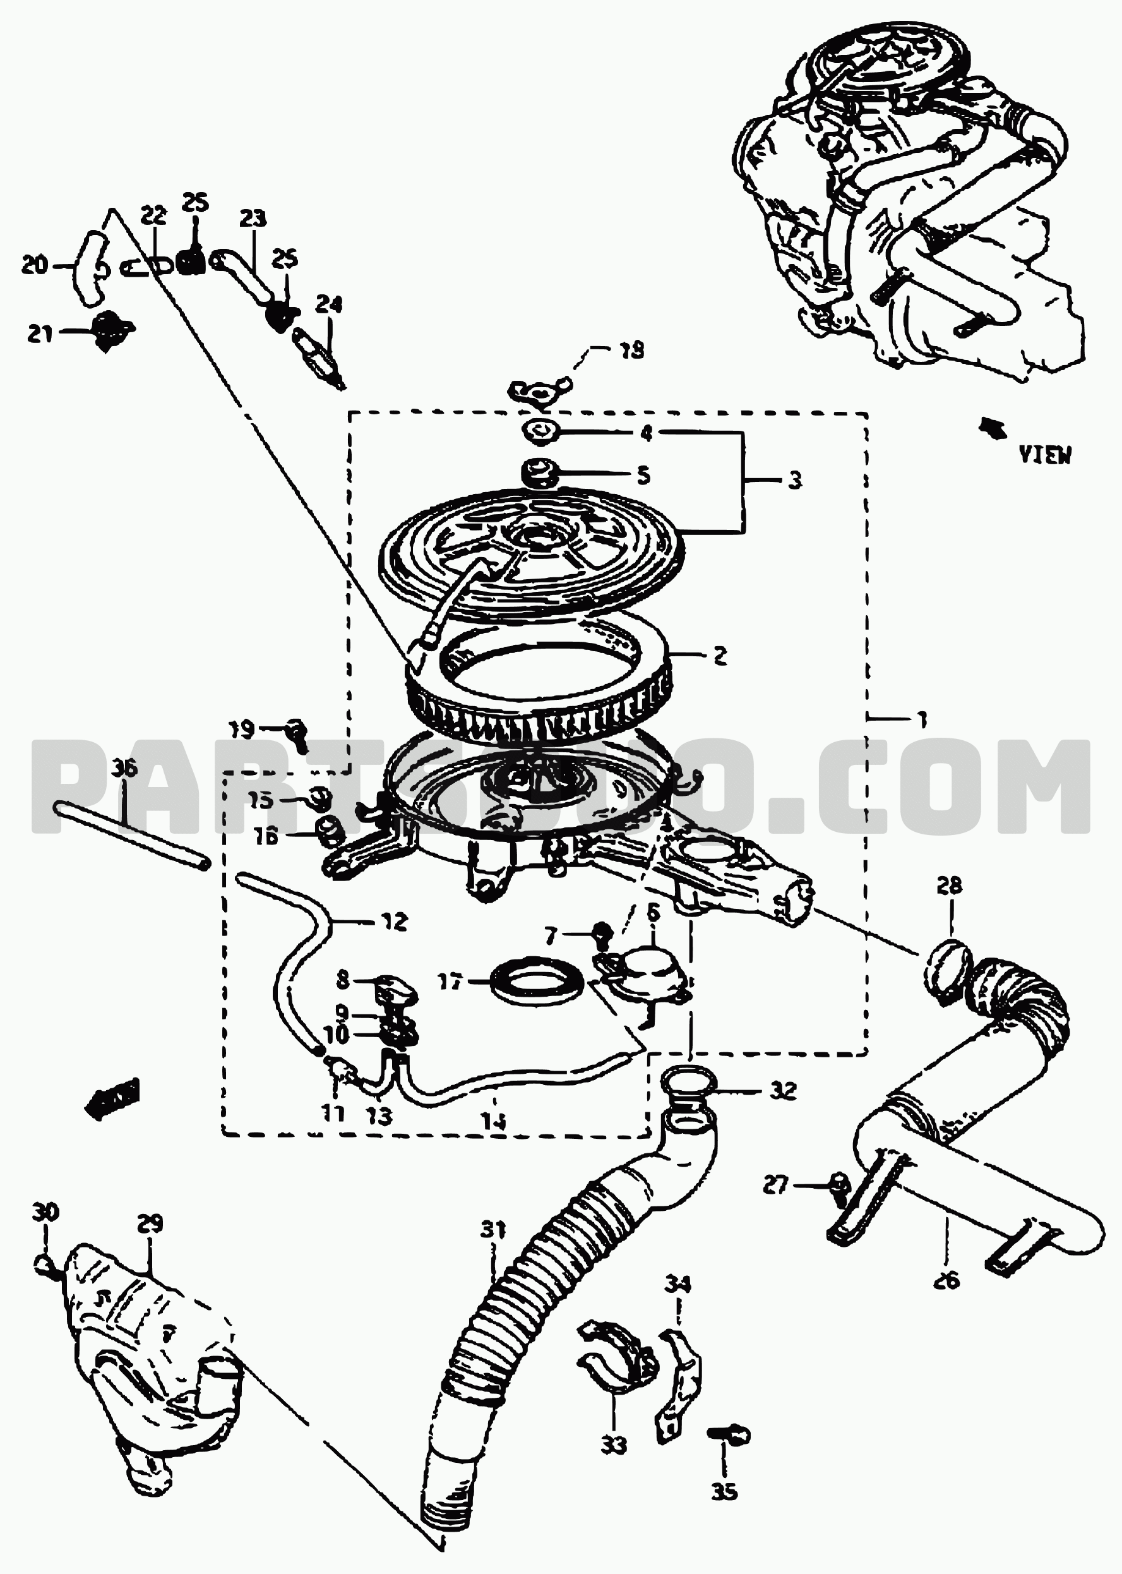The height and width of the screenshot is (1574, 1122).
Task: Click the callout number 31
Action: [492, 1230]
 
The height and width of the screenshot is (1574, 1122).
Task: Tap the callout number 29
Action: [150, 1224]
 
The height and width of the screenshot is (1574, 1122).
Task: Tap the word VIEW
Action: [1044, 455]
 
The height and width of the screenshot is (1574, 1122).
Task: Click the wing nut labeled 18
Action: [538, 389]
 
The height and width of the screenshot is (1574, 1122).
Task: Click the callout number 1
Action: [922, 720]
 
